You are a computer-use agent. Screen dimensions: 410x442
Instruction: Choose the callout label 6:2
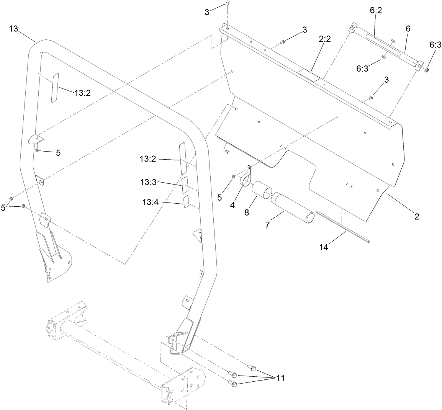click(x=376, y=11)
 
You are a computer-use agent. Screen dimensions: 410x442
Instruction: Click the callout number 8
click(x=247, y=212)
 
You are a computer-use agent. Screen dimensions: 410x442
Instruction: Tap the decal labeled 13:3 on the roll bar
click(x=185, y=185)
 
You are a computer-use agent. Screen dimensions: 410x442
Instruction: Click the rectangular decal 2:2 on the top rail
click(x=309, y=75)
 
